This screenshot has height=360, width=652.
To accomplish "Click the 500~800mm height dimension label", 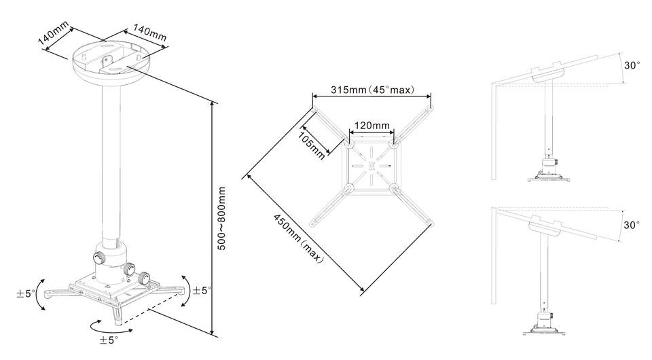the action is click(222, 218).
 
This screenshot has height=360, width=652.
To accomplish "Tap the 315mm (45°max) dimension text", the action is click(372, 90).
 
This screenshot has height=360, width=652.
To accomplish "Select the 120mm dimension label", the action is click(372, 125).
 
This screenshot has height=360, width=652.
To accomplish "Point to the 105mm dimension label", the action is click(312, 145).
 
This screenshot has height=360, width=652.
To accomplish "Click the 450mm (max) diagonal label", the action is click(297, 238).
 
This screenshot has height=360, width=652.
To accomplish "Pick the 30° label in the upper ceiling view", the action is click(632, 65).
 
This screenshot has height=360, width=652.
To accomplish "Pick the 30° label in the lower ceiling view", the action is click(631, 225).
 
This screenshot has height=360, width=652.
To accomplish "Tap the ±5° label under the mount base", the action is click(109, 340).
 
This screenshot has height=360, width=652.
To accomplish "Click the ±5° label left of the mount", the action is click(26, 293).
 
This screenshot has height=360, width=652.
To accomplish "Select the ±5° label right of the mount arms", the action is click(202, 290).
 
